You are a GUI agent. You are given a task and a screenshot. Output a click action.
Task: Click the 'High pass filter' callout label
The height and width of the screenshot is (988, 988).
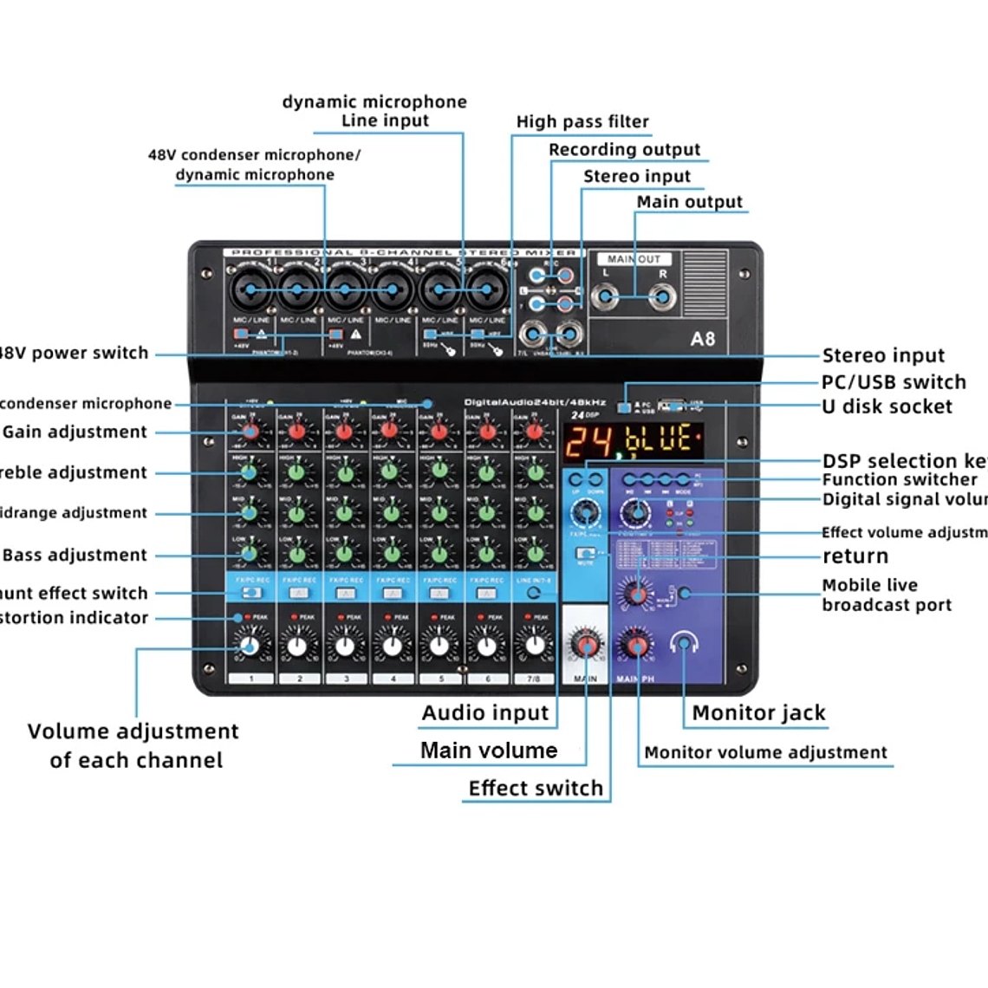click(x=582, y=121)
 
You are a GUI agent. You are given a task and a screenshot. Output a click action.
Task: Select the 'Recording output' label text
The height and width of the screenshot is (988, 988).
click(x=624, y=149)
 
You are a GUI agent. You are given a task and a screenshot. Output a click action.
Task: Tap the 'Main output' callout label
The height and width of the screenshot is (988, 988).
click(x=689, y=202)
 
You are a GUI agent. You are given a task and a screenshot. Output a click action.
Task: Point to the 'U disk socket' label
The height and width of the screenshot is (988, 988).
click(x=887, y=406)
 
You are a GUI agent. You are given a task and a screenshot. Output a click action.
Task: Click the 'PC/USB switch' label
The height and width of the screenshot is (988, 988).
click(x=894, y=382)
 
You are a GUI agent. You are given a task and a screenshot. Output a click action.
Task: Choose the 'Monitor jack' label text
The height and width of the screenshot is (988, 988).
click(x=758, y=713)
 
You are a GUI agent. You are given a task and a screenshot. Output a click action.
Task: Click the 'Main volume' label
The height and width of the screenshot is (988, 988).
click(x=489, y=751)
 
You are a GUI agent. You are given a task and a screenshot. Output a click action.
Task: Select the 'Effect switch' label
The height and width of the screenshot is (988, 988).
click(x=536, y=788)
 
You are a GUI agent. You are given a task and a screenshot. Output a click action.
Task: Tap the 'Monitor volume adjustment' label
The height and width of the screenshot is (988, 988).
click(x=765, y=752)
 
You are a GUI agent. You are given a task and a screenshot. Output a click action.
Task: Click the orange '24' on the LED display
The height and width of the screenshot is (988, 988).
click(x=588, y=441)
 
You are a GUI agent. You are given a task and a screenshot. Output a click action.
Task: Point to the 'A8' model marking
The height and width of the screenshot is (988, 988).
click(x=703, y=339)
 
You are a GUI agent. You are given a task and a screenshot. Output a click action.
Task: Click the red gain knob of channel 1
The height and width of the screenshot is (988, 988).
click(x=250, y=431)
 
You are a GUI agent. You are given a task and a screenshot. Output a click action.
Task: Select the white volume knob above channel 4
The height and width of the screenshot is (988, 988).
click(x=392, y=646)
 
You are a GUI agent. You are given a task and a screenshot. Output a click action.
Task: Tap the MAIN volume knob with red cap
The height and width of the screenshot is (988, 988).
click(x=586, y=646)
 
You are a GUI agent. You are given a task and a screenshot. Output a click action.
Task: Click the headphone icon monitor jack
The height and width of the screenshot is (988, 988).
click(x=684, y=644)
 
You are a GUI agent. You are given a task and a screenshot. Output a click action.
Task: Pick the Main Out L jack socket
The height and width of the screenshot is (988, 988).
click(x=605, y=298)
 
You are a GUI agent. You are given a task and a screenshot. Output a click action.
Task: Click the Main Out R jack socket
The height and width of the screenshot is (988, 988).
click(x=663, y=298)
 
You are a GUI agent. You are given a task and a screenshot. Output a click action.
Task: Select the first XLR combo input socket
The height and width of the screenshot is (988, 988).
click(x=251, y=289)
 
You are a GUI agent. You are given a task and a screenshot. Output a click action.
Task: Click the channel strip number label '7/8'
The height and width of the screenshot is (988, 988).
click(x=534, y=679)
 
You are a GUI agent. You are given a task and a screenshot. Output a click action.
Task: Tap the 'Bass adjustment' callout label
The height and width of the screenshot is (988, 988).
click(x=75, y=555)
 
